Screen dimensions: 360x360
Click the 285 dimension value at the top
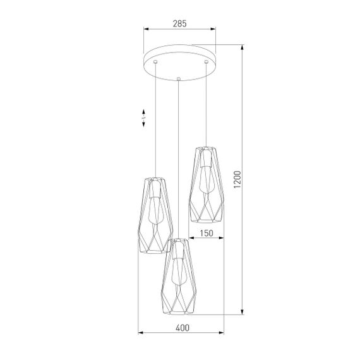179,23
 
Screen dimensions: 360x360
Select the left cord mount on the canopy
156,63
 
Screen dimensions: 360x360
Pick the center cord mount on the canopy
179,78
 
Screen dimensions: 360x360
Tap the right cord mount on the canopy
206,63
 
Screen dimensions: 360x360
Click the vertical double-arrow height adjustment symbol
144,118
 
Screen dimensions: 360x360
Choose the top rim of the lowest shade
179,241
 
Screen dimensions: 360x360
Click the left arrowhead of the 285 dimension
147,29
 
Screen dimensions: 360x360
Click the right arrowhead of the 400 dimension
222,333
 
